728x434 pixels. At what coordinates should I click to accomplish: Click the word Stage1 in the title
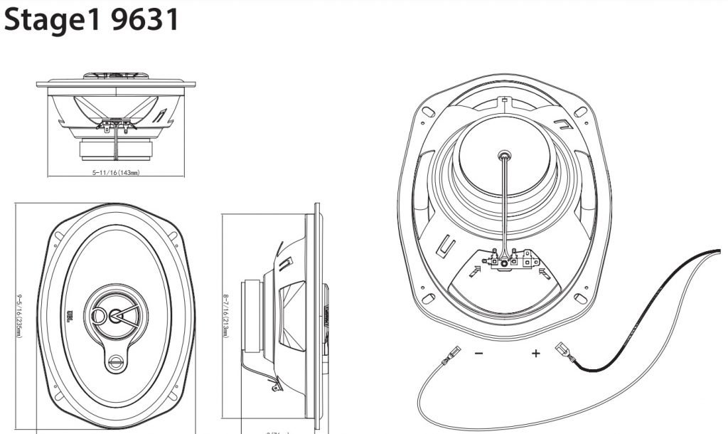[x=53, y=20]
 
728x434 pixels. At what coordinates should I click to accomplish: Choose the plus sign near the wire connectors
[x=536, y=352]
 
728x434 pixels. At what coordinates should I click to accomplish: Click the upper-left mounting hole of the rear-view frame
[x=429, y=112]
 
